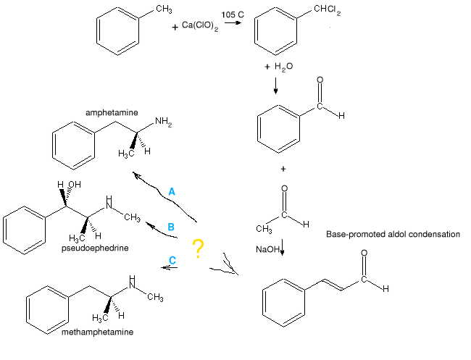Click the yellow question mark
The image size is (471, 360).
[x=197, y=248]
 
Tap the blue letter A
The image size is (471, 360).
[x=172, y=191]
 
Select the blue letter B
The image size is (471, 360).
[x=171, y=227]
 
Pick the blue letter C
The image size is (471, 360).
[x=172, y=259]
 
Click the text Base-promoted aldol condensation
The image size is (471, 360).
[x=393, y=235]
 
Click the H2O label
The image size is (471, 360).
[x=278, y=67]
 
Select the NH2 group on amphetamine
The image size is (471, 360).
[x=163, y=123]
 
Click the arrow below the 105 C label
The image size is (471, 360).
[x=233, y=22]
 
